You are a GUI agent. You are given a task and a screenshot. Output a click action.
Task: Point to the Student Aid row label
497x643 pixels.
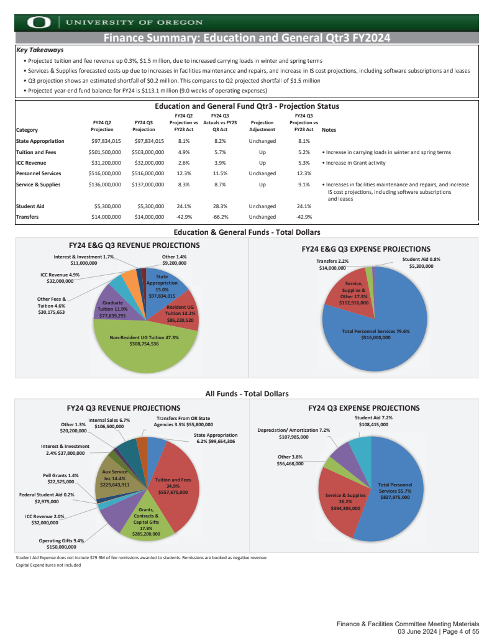30,206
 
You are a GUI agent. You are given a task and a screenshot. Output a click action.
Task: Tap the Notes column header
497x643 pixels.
329,130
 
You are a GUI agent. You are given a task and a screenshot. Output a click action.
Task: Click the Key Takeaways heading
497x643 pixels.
40,50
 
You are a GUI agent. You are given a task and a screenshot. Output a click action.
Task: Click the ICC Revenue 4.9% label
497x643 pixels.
60,277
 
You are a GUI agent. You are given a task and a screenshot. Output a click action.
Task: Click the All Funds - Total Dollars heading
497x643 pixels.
247,393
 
